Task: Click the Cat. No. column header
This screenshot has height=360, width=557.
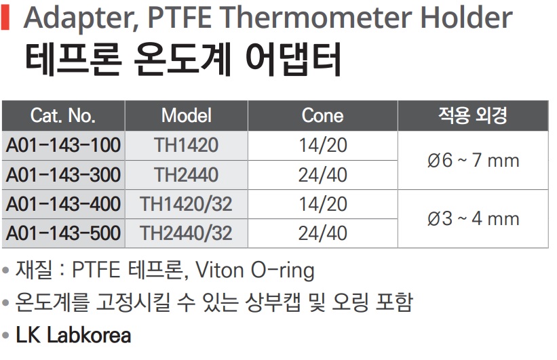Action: (x=63, y=116)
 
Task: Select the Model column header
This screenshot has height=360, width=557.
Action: (x=187, y=116)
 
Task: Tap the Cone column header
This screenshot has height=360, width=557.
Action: (x=322, y=116)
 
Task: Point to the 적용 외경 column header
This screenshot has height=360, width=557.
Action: (x=473, y=115)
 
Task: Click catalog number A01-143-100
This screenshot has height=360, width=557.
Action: (x=63, y=145)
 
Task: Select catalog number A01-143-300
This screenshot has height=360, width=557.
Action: (x=63, y=175)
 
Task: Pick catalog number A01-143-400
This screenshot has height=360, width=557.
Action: (x=63, y=204)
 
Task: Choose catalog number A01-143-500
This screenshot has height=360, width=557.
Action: (x=63, y=233)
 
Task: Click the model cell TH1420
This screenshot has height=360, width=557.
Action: (x=186, y=145)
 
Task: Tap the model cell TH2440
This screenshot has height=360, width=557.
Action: (x=186, y=175)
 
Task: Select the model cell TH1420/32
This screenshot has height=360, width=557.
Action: (x=186, y=204)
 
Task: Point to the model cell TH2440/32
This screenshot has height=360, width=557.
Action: (x=186, y=233)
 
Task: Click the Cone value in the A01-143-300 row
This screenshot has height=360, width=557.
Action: (x=322, y=175)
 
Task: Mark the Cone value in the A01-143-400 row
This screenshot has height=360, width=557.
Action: (x=322, y=204)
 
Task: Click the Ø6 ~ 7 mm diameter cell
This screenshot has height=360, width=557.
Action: (x=473, y=160)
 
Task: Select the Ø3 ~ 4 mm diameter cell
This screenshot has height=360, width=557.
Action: (x=473, y=219)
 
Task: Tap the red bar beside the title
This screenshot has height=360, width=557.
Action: (x=5, y=18)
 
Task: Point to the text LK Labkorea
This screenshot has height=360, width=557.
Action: (x=73, y=335)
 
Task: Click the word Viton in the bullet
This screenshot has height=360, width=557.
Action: (x=220, y=270)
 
